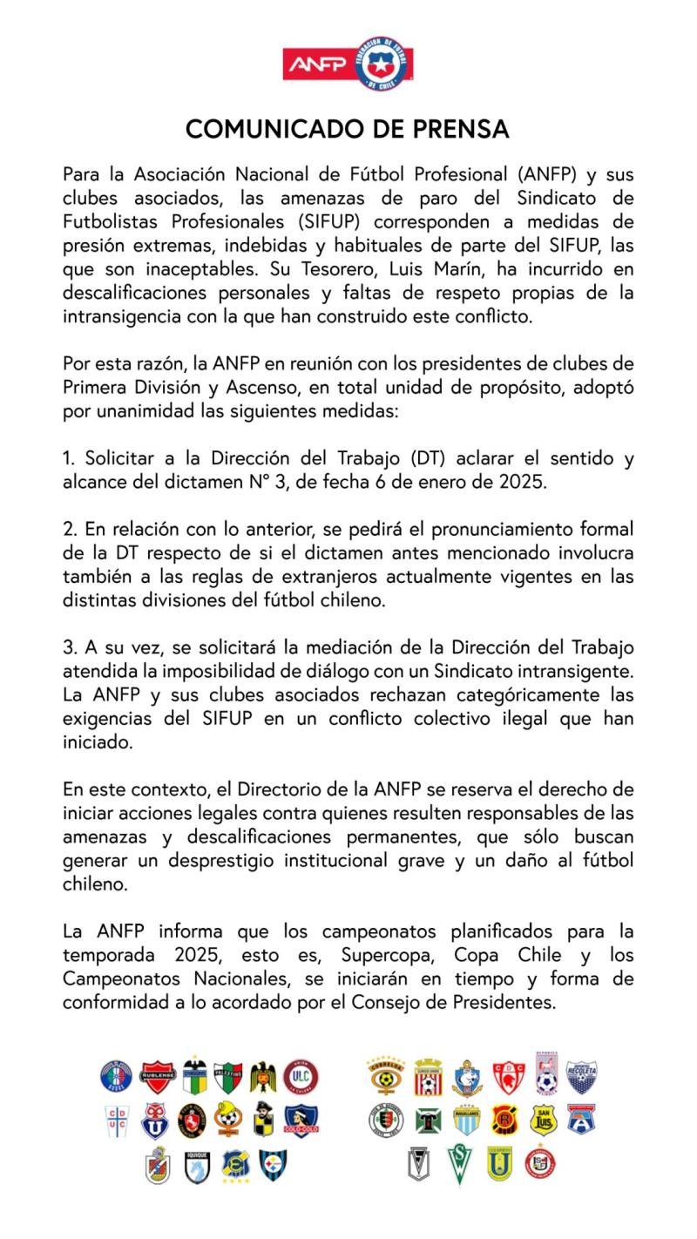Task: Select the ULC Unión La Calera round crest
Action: tap(301, 1078)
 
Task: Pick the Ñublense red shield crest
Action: tap(158, 1078)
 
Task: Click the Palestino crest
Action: tap(229, 1078)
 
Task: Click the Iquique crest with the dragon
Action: tap(197, 1165)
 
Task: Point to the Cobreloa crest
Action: tap(385, 1078)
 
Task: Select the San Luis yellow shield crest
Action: tap(544, 1119)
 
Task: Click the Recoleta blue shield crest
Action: tap(581, 1078)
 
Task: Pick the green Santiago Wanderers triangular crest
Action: tap(459, 1164)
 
